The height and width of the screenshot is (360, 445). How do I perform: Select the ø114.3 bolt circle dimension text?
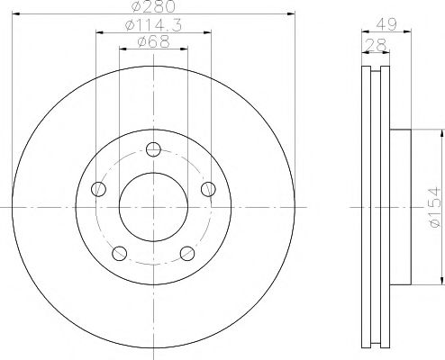(x=153, y=26)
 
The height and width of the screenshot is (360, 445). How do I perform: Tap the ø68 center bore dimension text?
(x=153, y=42)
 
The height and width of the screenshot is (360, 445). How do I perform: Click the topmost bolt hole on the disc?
(x=153, y=149)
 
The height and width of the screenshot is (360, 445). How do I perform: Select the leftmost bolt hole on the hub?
(x=98, y=189)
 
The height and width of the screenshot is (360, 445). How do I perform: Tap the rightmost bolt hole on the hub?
(x=208, y=189)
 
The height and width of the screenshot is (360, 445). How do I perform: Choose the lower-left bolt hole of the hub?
(x=119, y=253)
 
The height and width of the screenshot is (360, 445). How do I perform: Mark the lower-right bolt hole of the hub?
(x=187, y=253)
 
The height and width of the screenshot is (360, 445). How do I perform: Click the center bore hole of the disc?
(x=153, y=207)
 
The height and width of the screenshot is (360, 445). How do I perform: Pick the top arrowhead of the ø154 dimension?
(x=440, y=130)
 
